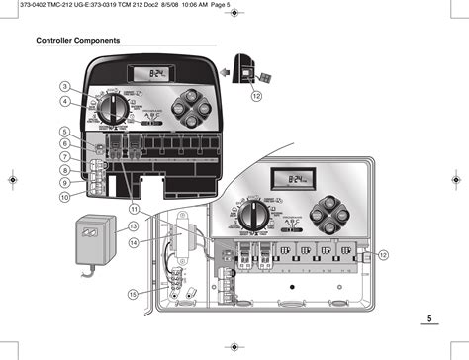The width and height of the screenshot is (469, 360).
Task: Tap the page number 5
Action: (430, 318)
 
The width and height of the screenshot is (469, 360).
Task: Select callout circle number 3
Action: (64, 87)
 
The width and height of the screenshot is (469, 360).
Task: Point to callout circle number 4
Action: (64, 101)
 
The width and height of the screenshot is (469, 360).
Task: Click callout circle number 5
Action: (64, 132)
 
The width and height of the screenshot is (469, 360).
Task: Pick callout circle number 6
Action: (64, 144)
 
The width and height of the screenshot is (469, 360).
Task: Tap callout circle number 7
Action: (64, 157)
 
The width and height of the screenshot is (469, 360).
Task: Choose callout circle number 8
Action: (64, 170)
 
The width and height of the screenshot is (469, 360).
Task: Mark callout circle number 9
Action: (64, 183)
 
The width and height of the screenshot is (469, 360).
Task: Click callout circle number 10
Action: (64, 196)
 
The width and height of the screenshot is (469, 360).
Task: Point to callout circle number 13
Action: (133, 226)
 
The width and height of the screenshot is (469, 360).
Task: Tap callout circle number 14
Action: (133, 243)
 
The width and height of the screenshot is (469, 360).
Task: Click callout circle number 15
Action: (133, 294)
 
